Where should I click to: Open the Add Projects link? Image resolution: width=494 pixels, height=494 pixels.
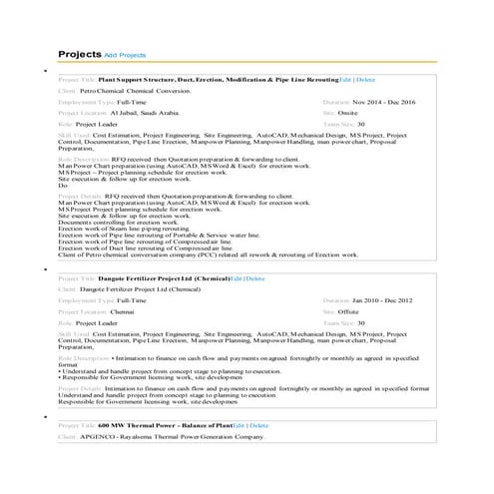point(125,54)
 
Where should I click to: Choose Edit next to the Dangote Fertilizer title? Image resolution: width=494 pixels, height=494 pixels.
point(236,278)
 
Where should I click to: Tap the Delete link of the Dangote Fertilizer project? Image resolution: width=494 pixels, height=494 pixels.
point(256,278)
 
